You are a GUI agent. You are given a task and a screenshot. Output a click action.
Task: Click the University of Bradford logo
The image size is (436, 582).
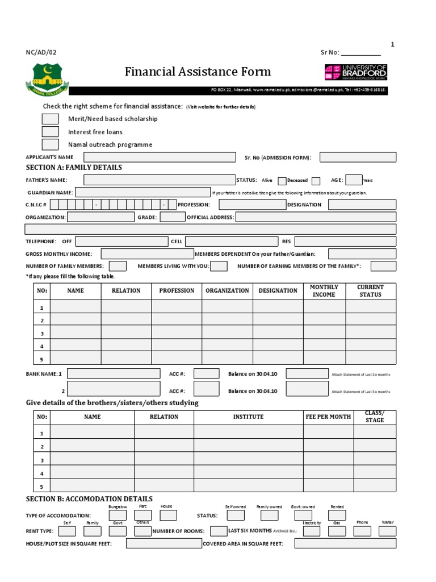[356, 72]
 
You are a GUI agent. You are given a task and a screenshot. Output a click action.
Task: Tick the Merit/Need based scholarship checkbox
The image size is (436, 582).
[50, 119]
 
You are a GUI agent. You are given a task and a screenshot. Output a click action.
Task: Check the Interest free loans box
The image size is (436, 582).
[50, 132]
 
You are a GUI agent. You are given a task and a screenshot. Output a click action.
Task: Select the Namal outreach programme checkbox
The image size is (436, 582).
[50, 144]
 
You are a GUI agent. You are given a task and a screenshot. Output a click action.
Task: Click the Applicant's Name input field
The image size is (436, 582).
[160, 157]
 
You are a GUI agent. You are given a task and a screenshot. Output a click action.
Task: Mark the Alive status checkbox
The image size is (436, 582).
[282, 181]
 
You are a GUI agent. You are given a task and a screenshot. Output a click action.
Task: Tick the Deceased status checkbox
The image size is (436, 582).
[316, 181]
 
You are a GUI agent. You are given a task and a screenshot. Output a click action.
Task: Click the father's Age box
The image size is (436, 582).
[354, 180]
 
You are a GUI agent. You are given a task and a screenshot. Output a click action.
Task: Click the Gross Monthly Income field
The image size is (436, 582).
[147, 253]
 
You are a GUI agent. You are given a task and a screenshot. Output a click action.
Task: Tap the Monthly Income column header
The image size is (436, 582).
[324, 291]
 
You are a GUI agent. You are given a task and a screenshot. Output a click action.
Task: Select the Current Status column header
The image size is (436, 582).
[370, 291]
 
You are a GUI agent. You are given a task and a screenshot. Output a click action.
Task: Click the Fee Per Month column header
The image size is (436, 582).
[328, 417]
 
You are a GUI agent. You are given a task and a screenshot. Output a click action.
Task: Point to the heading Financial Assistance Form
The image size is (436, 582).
[198, 72]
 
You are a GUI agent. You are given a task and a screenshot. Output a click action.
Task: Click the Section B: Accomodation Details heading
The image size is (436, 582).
[89, 498]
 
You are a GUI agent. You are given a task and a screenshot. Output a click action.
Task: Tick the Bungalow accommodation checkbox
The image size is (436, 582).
[118, 516]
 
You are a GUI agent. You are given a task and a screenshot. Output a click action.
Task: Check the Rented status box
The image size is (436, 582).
[337, 516]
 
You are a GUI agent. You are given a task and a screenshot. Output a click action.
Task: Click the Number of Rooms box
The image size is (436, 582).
[218, 531]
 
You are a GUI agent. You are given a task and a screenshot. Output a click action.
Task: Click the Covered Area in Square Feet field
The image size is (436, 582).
[345, 543]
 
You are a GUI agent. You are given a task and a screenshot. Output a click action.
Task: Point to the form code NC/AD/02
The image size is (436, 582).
[41, 52]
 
